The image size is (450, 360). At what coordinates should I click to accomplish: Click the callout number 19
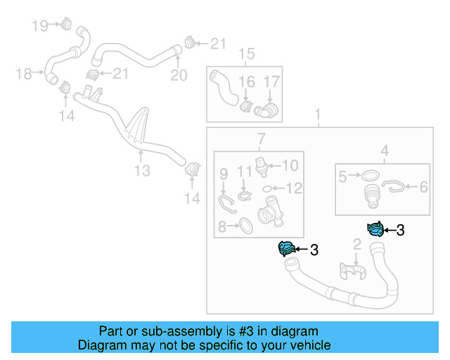tap(40, 26)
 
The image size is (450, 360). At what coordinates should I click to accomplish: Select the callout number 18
tap(23, 72)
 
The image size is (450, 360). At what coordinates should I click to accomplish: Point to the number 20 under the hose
tap(179, 75)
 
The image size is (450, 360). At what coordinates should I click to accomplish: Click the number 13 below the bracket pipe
tap(143, 171)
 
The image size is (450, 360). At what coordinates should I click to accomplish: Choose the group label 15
tap(245, 54)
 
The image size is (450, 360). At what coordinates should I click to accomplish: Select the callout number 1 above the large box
tap(318, 114)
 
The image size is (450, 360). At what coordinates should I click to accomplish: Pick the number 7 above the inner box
tap(260, 138)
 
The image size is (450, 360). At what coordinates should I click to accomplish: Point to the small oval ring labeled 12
tap(268, 188)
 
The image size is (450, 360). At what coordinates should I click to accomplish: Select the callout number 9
tap(224, 173)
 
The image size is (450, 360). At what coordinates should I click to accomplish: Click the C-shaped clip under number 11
tap(243, 195)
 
